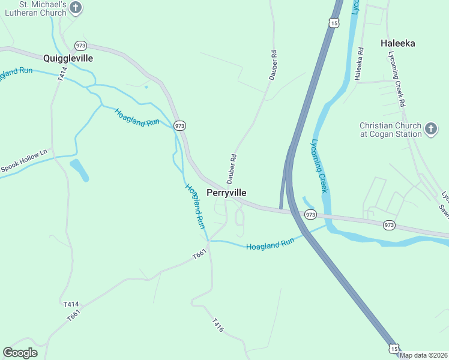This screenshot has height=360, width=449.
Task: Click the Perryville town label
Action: pyautogui.click(x=226, y=193)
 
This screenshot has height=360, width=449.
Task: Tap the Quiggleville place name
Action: pyautogui.click(x=68, y=58)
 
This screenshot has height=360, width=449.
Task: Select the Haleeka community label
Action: pyautogui.click(x=397, y=43)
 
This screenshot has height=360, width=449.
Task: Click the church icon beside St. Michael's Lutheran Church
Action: pyautogui.click(x=76, y=7)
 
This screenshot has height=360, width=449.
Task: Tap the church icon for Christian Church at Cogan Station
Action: pyautogui.click(x=430, y=129)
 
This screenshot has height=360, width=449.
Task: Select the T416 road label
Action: pyautogui.click(x=218, y=325)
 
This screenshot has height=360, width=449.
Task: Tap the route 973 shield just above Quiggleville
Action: pyautogui.click(x=81, y=46)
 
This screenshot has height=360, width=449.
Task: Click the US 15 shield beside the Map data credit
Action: pyautogui.click(x=393, y=348)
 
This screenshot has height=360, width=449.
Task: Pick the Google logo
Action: pyautogui.click(x=20, y=352)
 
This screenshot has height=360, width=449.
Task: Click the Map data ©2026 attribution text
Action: pyautogui.click(x=424, y=355)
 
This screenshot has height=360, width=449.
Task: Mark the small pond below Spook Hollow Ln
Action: pyautogui.click(x=79, y=169)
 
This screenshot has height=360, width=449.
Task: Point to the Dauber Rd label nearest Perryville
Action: pyautogui.click(x=232, y=169)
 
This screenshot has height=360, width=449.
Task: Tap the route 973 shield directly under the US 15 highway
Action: pyautogui.click(x=310, y=214)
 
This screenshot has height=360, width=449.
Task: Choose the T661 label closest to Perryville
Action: pyautogui.click(x=199, y=255)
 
